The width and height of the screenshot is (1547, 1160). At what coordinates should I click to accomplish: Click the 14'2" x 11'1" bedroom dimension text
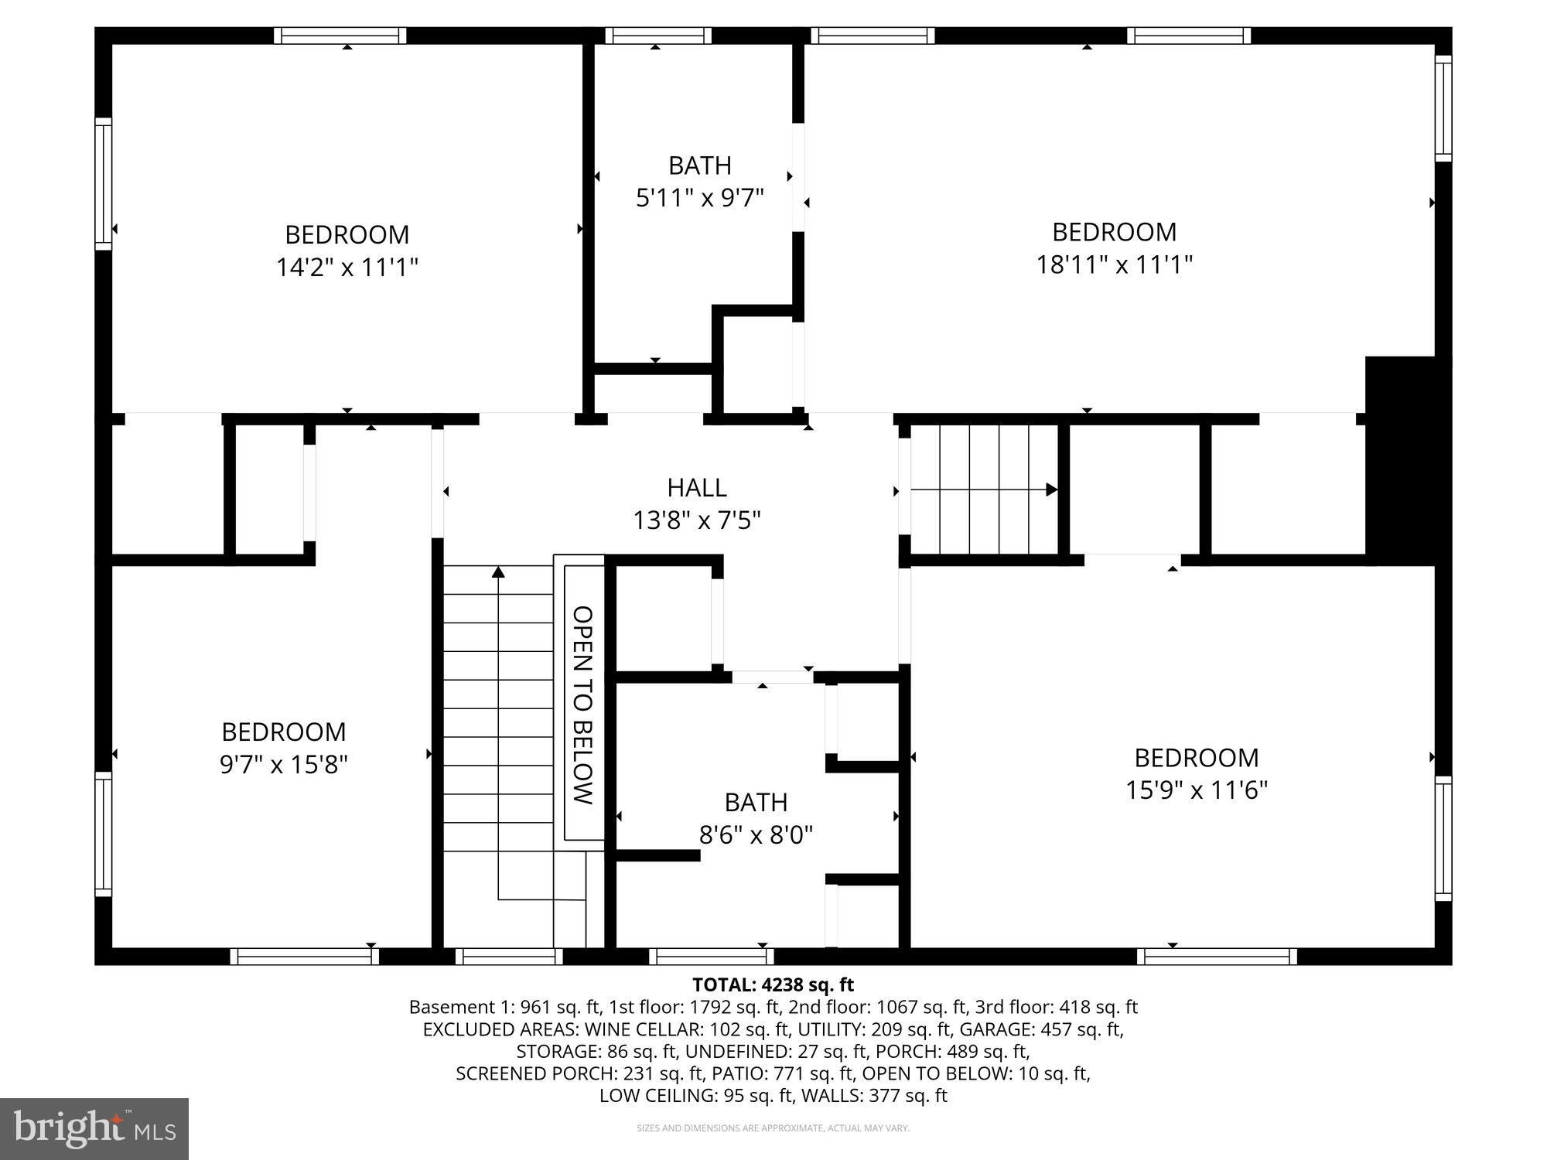pos(347,268)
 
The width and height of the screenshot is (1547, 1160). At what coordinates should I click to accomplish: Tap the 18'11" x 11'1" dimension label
pos(1114,264)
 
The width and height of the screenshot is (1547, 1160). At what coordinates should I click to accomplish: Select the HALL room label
pos(697,487)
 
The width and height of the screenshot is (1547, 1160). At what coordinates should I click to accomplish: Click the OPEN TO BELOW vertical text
pos(582,705)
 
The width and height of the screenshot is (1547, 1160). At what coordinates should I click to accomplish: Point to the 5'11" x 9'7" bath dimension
pos(699,198)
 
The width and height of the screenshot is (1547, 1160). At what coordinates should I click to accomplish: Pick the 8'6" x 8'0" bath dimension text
pos(756,835)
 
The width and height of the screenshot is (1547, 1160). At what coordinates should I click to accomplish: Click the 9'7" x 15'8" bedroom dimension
pos(283,765)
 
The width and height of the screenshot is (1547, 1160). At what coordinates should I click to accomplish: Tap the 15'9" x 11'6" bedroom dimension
pos(1196,790)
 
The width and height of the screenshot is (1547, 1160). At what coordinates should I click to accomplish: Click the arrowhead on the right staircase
pos(1051,490)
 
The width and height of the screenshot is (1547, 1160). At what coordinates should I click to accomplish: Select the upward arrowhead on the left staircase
pos(498,572)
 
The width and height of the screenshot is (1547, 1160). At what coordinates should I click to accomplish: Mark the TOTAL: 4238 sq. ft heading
pos(773,984)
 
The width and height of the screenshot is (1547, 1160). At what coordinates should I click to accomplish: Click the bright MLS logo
pos(94,1128)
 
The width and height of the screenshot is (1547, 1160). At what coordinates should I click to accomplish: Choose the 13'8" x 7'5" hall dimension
pos(697,520)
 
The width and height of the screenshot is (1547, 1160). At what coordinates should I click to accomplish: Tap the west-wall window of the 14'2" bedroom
pos(103,183)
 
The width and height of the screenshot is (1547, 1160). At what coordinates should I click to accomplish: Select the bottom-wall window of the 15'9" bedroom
pos(1217,957)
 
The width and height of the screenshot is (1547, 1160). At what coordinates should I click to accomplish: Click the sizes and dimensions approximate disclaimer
pos(773,1128)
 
